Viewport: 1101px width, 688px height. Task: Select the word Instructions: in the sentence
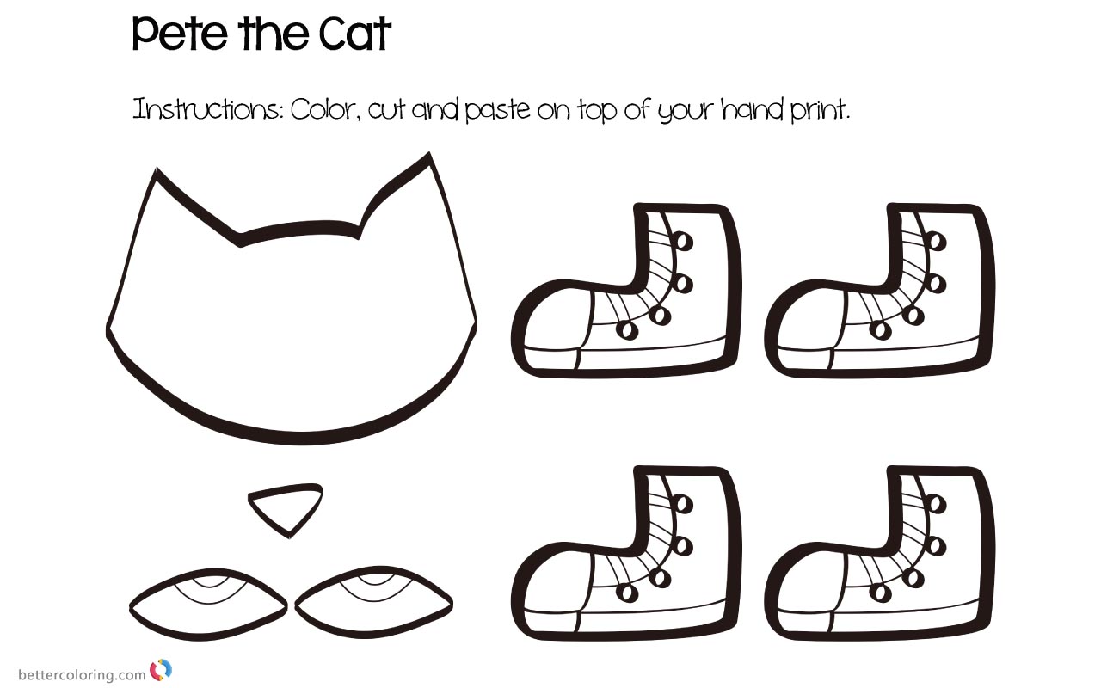click(206, 111)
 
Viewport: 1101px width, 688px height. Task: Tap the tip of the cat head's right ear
click(427, 157)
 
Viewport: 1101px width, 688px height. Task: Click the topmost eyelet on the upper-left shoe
click(683, 241)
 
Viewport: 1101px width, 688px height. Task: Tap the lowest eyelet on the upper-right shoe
click(880, 329)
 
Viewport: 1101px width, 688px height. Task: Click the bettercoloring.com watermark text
click(82, 674)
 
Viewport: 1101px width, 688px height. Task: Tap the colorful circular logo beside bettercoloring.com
click(161, 670)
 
